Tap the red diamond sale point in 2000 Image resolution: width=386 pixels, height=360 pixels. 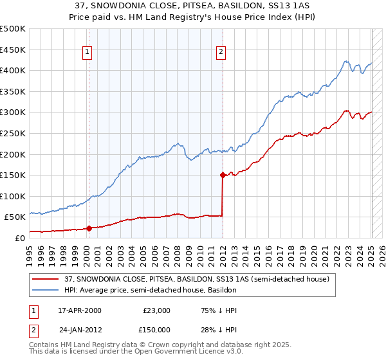click(89, 228)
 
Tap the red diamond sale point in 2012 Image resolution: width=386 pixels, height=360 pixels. click(223, 174)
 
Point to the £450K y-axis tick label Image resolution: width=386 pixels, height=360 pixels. click(13, 50)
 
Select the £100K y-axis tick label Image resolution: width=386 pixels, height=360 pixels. click(13, 196)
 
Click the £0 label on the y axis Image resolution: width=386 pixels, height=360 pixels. click(19, 238)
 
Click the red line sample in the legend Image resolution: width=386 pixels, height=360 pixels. click(46, 279)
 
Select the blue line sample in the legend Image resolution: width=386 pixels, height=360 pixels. click(46, 290)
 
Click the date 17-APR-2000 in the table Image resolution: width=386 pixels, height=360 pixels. click(80, 310)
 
